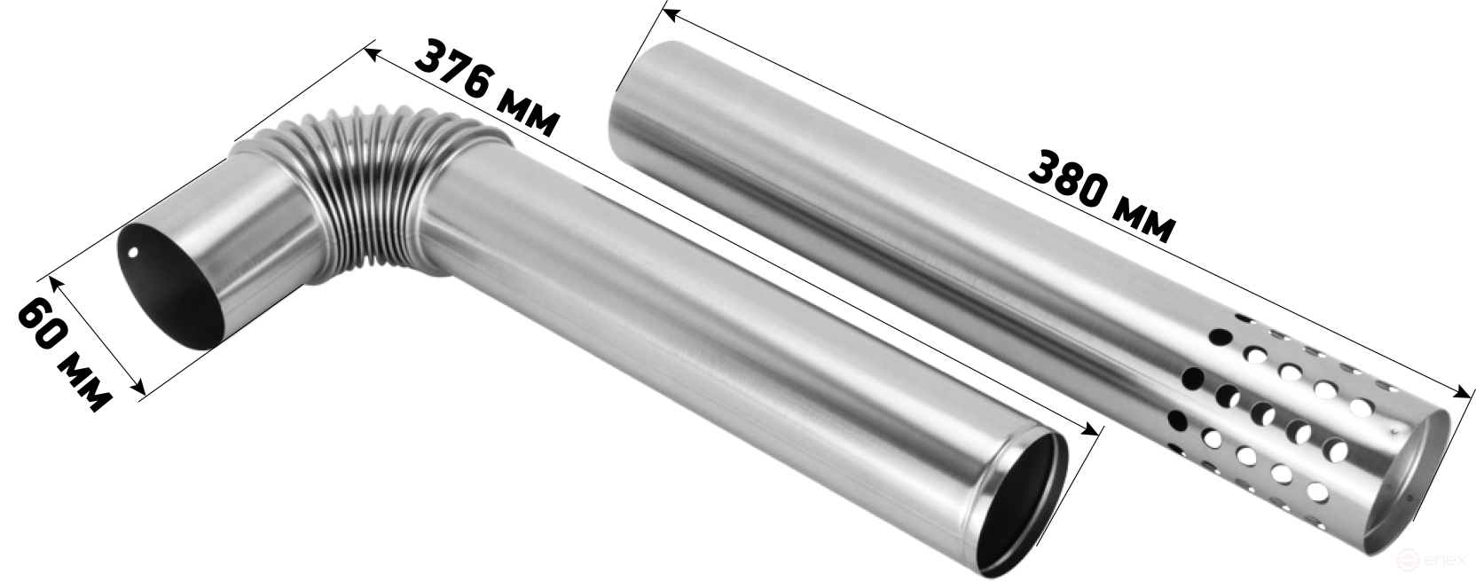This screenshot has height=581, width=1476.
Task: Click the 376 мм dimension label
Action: tap(488, 87)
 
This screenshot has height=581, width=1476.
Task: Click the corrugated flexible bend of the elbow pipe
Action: tap(382, 191)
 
